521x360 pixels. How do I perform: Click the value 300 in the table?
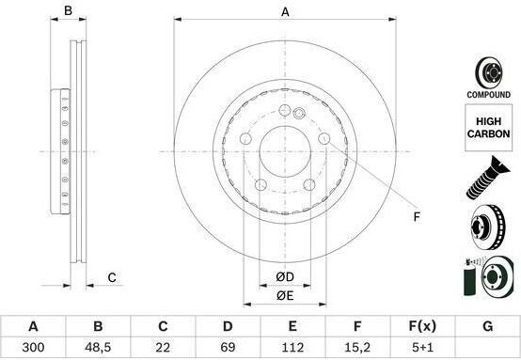(x=33, y=348)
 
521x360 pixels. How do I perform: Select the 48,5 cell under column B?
(x=98, y=348)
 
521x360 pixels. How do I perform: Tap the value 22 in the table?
(x=163, y=348)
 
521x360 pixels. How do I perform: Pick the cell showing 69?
(x=228, y=348)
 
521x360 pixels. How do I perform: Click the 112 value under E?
(x=292, y=348)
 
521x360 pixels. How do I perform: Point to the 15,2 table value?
(x=357, y=348)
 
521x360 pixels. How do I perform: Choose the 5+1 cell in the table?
(x=422, y=348)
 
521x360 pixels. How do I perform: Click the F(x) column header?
(x=422, y=326)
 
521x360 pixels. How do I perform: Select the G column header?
(x=487, y=326)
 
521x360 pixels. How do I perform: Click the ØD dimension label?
(x=285, y=277)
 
